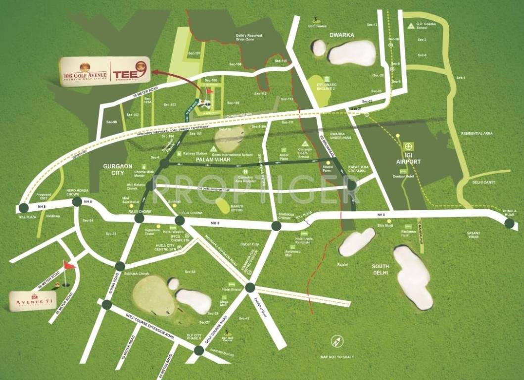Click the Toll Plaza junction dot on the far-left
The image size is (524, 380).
pyautogui.click(x=23, y=208)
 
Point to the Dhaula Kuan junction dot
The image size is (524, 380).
pyautogui.click(x=509, y=224)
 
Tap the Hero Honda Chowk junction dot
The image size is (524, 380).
pyautogui.click(x=76, y=202)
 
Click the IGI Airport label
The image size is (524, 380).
pyautogui.click(x=408, y=159)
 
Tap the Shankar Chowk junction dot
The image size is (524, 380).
pyautogui.click(x=276, y=226)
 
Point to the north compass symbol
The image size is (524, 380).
pyautogui.click(x=337, y=341)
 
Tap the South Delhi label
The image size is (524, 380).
pyautogui.click(x=382, y=270)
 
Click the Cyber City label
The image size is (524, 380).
pyautogui.click(x=250, y=244)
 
